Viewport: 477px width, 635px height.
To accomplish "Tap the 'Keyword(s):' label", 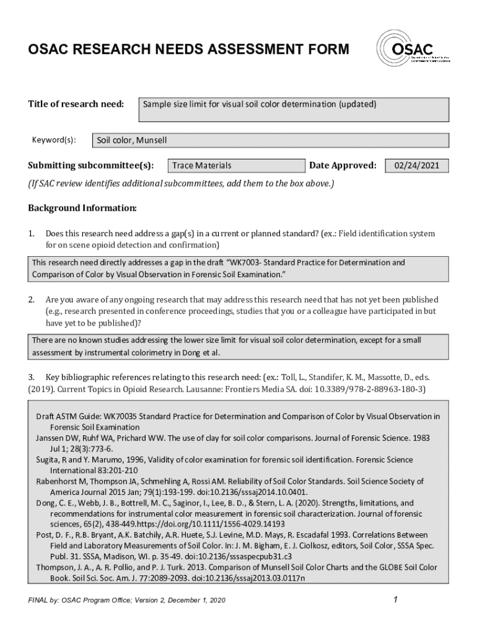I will tap(54, 140).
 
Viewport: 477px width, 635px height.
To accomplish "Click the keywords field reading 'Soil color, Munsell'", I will tap(269, 141).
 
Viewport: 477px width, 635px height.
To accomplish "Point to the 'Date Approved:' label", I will tap(343, 166).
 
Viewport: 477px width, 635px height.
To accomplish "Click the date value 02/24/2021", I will tap(417, 166).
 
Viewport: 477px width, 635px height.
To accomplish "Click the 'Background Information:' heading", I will tap(82, 207).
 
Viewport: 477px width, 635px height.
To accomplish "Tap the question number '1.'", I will tap(32, 234).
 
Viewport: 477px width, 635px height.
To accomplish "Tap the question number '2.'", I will tap(32, 300).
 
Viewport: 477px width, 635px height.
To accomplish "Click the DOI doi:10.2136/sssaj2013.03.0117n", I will tap(251, 578).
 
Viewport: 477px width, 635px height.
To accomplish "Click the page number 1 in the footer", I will tap(395, 600).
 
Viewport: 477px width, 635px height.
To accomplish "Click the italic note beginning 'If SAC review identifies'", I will tap(181, 184).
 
